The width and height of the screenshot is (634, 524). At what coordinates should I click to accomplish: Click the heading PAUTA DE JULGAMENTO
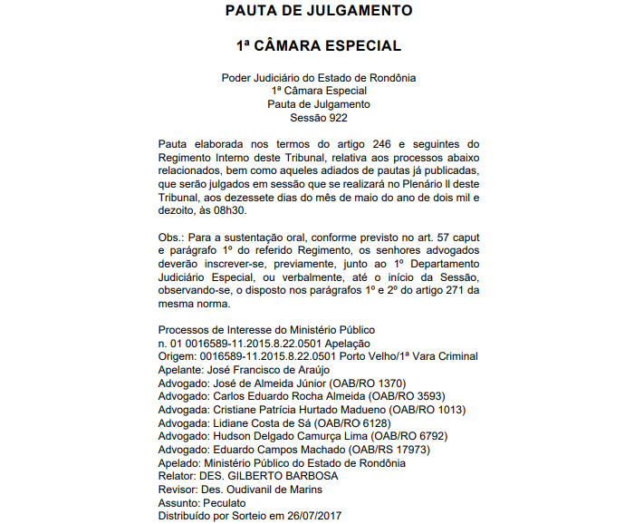(x=318, y=12)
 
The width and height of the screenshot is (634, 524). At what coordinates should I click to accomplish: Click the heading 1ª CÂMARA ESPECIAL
(x=318, y=45)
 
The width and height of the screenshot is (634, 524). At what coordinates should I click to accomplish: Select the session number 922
(x=337, y=117)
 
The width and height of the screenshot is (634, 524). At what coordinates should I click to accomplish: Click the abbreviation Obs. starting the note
(x=170, y=238)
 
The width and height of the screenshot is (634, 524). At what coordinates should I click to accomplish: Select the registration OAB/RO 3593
(x=390, y=396)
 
